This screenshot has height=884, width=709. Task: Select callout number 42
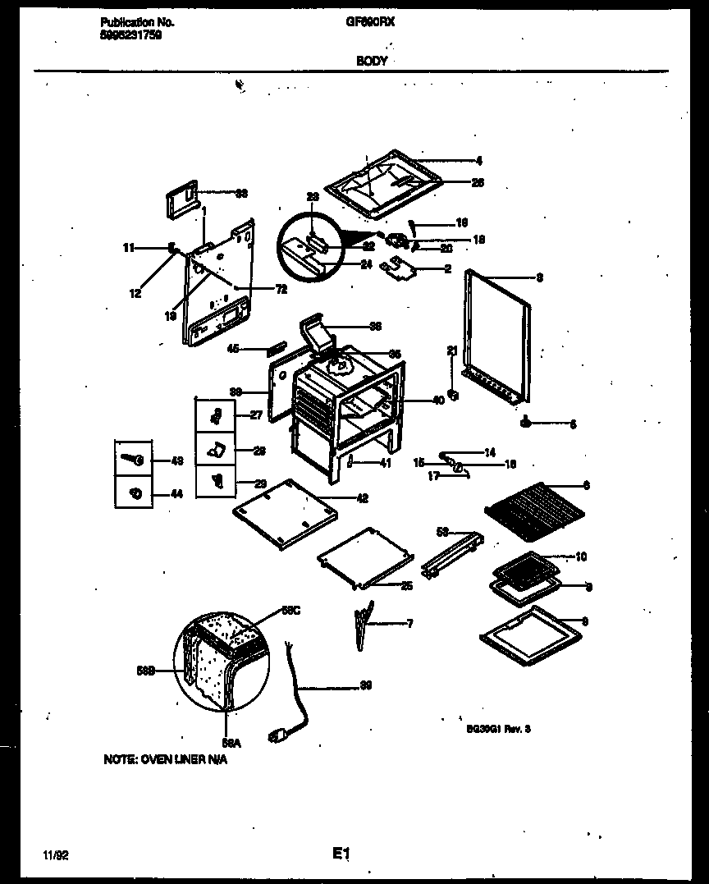pyautogui.click(x=362, y=498)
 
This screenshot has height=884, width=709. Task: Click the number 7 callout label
pyautogui.click(x=409, y=624)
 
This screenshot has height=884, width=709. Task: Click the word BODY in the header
pyautogui.click(x=371, y=62)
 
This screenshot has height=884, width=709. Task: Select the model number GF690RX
pyautogui.click(x=370, y=24)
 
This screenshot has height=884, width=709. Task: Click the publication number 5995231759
pyautogui.click(x=125, y=35)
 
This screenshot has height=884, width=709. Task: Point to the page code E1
pyautogui.click(x=341, y=854)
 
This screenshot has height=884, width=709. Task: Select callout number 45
pyautogui.click(x=233, y=348)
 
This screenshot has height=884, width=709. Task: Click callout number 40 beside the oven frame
pyautogui.click(x=437, y=401)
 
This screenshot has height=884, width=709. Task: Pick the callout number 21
pyautogui.click(x=451, y=351)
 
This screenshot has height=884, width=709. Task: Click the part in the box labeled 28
pyautogui.click(x=216, y=450)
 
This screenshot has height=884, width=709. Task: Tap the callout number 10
pyautogui.click(x=581, y=557)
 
